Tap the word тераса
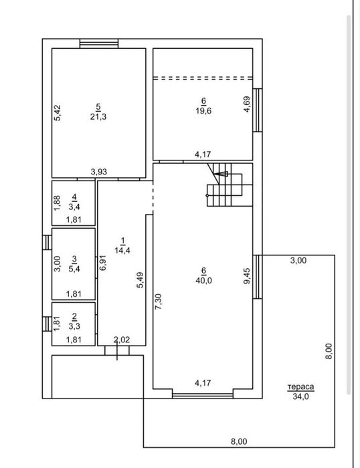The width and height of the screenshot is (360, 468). click(301, 387)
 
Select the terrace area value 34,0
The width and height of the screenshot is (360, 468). click(301, 396)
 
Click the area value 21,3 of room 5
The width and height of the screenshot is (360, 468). click(98, 116)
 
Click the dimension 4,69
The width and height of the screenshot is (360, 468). click(247, 105)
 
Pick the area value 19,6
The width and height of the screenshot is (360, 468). click(203, 111)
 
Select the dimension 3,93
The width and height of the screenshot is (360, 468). click(99, 172)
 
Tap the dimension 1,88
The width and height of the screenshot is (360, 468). click(58, 202)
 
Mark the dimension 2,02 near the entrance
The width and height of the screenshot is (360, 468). click(121, 340)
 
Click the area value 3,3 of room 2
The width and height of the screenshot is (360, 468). click(75, 327)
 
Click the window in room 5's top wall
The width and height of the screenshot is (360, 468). click(99, 44)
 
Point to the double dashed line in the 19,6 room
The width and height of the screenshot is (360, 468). click(203, 78)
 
